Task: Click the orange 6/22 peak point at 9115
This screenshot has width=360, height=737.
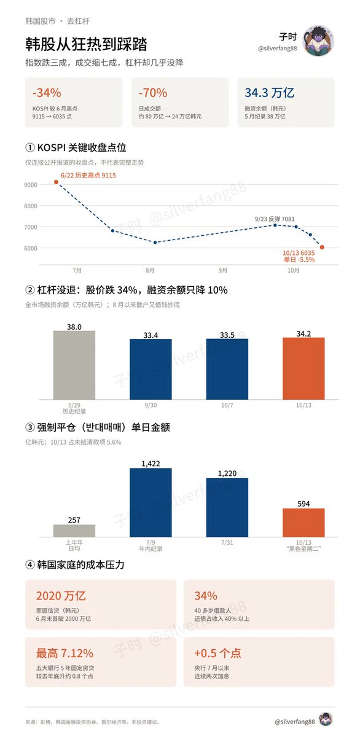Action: (x=56, y=182)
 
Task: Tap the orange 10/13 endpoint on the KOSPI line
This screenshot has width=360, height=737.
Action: (x=322, y=247)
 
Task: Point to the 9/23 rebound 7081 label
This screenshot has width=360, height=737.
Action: (x=275, y=219)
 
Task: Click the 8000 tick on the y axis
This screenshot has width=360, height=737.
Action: (x=31, y=206)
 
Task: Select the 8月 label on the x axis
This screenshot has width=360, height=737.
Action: (x=150, y=270)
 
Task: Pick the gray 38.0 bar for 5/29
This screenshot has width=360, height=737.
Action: (x=74, y=365)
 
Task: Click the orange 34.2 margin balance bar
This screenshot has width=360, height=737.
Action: (x=303, y=368)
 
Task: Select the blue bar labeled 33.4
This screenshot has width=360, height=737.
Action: (x=151, y=369)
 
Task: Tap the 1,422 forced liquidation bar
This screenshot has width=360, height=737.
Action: (x=151, y=502)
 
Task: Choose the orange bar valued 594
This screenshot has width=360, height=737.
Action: (x=303, y=523)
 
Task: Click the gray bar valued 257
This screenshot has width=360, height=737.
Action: (x=74, y=531)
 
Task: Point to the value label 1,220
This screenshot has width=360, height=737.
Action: (x=227, y=474)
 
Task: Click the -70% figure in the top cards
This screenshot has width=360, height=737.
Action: (x=153, y=93)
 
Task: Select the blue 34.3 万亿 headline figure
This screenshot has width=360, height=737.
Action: (x=269, y=93)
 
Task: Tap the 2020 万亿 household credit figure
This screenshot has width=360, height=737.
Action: (x=61, y=596)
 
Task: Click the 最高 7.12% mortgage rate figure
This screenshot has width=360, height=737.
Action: (x=65, y=653)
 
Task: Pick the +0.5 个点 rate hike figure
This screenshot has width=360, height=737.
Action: (x=217, y=653)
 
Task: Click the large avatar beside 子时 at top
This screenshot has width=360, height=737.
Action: (x=318, y=41)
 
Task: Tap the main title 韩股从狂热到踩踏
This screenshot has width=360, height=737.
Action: (x=86, y=44)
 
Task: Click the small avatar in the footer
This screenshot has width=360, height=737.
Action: (x=326, y=722)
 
